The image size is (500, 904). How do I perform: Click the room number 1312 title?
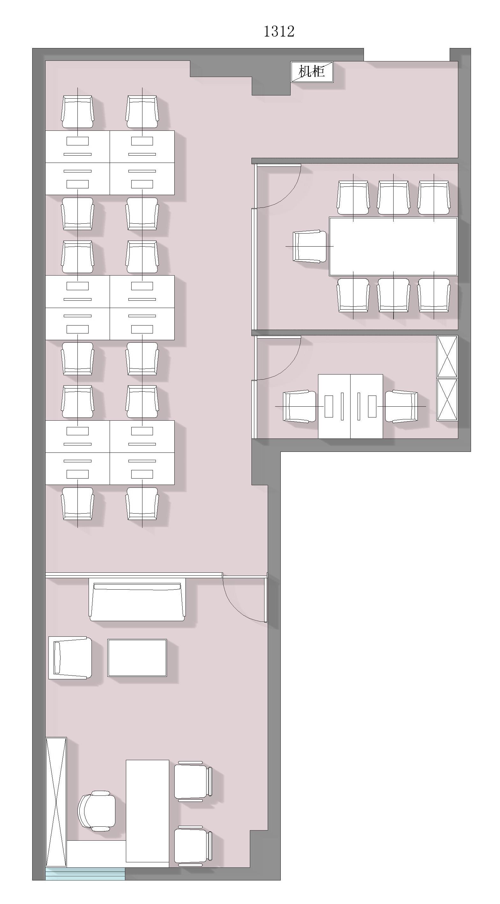tap(279, 32)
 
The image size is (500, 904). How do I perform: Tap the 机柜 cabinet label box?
tap(312, 72)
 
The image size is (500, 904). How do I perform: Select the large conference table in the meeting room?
tap(393, 246)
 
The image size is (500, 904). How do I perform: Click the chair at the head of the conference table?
tap(309, 246)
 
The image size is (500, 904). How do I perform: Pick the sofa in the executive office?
tap(137, 601)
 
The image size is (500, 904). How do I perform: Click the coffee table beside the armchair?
tap(137, 658)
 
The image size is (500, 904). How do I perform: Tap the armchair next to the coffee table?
tap(70, 658)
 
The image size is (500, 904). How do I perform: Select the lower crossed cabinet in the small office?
tap(447, 399)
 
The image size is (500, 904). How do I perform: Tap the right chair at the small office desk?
tap(401, 406)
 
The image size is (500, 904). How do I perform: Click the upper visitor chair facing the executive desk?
tap(193, 781)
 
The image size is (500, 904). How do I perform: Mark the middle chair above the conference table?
tap(394, 198)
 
